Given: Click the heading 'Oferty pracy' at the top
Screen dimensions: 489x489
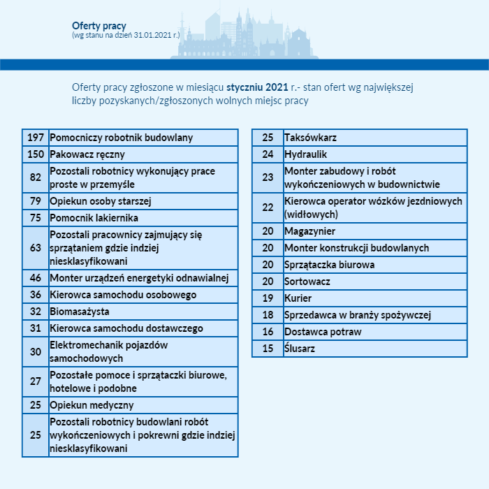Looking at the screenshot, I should (x=98, y=26).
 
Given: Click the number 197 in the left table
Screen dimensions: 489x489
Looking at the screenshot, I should (x=36, y=138).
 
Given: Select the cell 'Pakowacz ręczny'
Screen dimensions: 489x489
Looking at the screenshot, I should (x=87, y=154).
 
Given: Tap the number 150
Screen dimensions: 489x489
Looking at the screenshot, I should (x=36, y=154).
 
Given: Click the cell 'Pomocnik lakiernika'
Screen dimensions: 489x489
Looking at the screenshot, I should (x=94, y=218).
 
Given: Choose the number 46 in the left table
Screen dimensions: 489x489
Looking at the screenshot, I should (x=36, y=278).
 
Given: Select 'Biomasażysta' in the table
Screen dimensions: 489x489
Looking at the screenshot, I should (x=80, y=312).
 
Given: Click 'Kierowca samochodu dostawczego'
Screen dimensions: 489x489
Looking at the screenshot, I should (x=126, y=328).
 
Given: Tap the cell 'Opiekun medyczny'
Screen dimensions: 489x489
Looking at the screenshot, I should (x=91, y=405).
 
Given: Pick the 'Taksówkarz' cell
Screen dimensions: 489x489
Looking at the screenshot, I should (x=310, y=138).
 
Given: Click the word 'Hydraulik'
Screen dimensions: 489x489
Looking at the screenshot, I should (x=305, y=154).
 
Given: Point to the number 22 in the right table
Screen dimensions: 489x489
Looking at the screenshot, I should (x=268, y=207).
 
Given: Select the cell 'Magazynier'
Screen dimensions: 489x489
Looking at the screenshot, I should (x=309, y=231).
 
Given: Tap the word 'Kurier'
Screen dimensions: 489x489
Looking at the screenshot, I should (x=298, y=298).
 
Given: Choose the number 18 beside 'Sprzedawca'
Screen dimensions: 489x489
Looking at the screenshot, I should (x=268, y=315).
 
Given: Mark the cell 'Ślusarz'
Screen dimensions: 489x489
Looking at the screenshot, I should (x=300, y=349).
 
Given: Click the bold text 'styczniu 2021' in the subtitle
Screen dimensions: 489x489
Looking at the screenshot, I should (x=257, y=87).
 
